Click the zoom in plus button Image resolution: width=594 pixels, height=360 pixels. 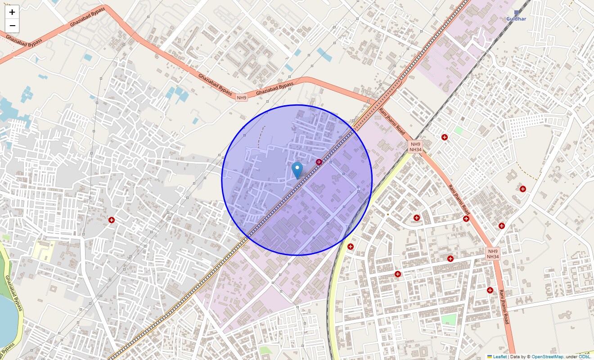12,12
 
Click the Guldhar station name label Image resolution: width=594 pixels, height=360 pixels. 516,19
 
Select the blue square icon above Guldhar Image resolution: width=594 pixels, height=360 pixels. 517,13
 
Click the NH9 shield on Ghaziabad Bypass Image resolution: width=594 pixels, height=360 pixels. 242,98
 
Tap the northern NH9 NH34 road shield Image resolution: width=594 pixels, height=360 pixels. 415,147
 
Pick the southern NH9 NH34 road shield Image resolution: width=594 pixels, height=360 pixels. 493,254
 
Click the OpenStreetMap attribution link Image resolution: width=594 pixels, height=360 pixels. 547,356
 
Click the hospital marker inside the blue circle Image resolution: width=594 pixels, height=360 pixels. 319,162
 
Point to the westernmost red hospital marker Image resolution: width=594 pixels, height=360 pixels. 112,220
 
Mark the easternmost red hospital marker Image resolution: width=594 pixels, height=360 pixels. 523,189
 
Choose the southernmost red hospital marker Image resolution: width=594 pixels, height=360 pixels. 490,290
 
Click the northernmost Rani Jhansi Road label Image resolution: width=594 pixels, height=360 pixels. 392,121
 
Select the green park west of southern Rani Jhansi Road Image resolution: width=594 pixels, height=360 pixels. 448,320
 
